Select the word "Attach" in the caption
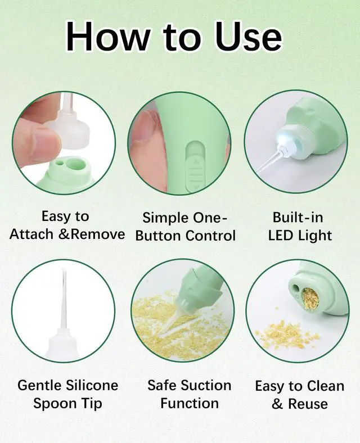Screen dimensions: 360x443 point(31,234)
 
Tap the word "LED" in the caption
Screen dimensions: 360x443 point(280,236)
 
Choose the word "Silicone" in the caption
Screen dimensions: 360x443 point(92,385)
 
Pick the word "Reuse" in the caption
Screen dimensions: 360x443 point(308,404)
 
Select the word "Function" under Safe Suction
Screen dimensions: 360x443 point(190,403)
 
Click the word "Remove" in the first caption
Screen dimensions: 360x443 point(97,234)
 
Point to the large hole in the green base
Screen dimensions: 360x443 point(76,164)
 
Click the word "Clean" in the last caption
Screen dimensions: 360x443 point(325,386)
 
